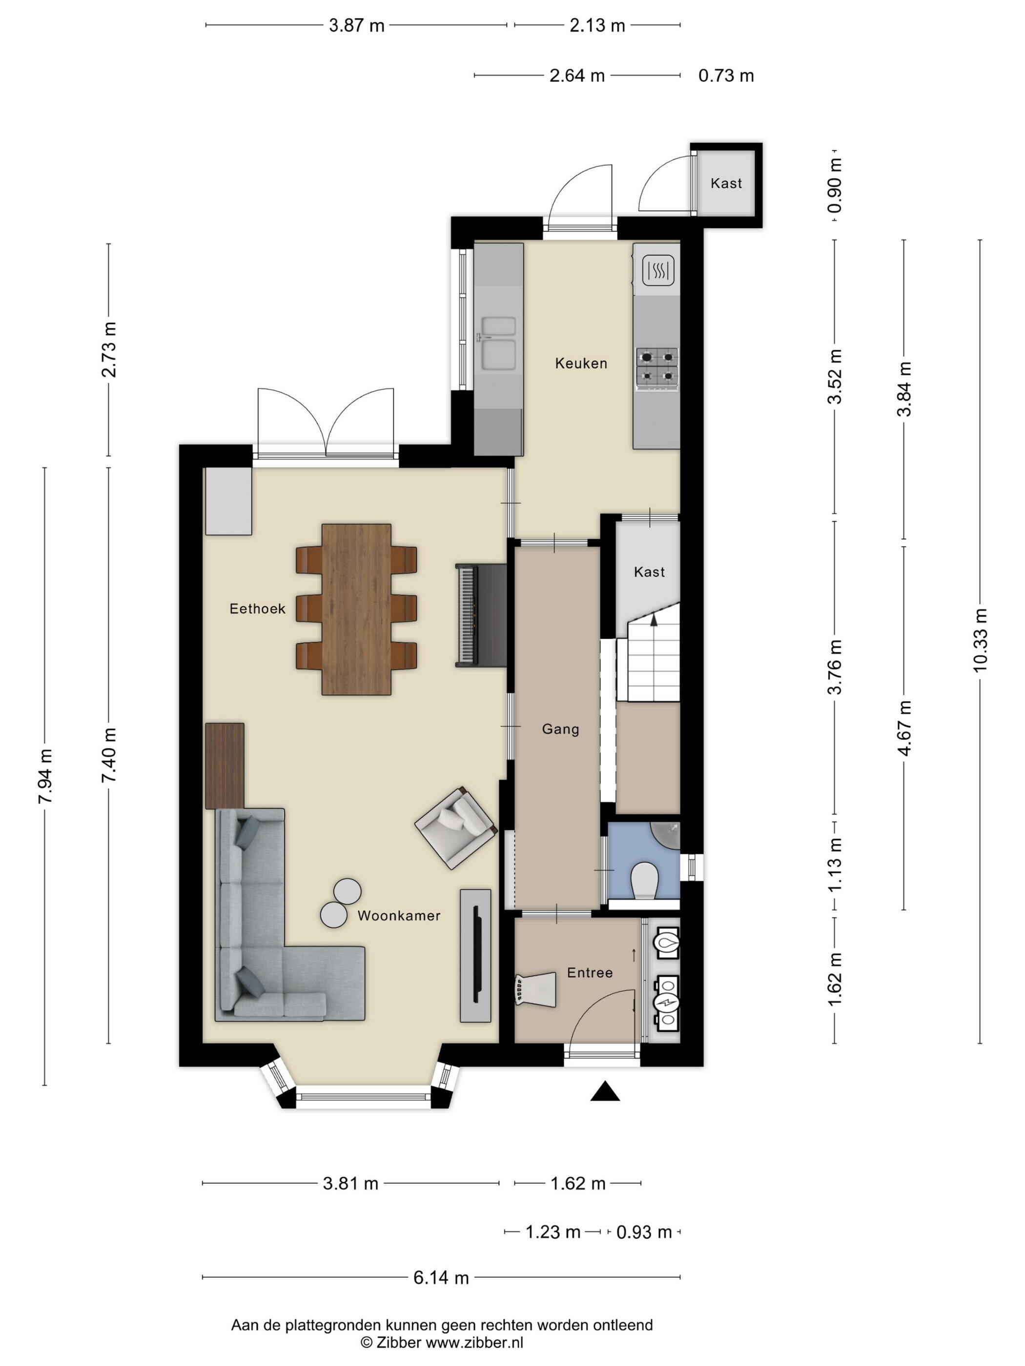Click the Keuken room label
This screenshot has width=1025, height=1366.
581,363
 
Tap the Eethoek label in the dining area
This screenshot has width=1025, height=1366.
257,609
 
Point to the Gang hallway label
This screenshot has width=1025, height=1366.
560,729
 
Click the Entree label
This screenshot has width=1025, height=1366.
590,973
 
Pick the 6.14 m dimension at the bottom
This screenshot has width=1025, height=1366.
441,1278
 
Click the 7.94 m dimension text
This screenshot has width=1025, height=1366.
44,776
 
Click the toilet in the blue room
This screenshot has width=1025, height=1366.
646,880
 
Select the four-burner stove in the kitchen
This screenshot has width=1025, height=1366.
657,369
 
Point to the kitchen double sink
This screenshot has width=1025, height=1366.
498,343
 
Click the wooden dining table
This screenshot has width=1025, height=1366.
356,609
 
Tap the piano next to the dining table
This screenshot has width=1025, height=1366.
481,615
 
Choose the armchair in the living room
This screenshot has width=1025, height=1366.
456,827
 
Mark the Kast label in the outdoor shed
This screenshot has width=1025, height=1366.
726,183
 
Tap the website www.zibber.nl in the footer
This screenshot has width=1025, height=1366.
474,1342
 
